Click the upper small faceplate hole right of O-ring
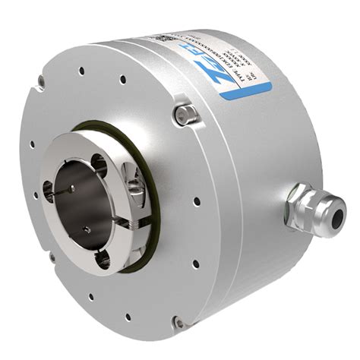pyautogui.click(x=196, y=202)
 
